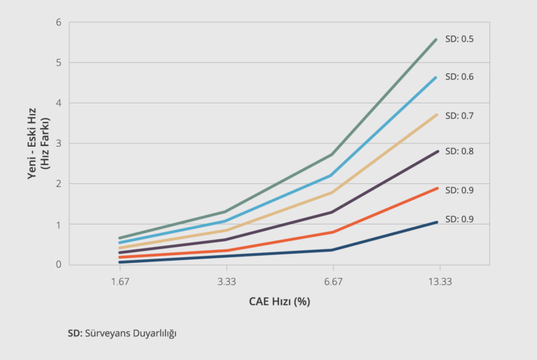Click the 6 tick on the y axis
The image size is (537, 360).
coord(59,22)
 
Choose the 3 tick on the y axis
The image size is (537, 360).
coord(59,143)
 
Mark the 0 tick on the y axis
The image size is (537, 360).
coord(59,265)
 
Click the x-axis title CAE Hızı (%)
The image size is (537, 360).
coord(279,302)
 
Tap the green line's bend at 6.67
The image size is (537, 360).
coord(332,154)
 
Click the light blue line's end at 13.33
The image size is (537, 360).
coord(436,78)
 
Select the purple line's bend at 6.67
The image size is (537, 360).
coord(332,212)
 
